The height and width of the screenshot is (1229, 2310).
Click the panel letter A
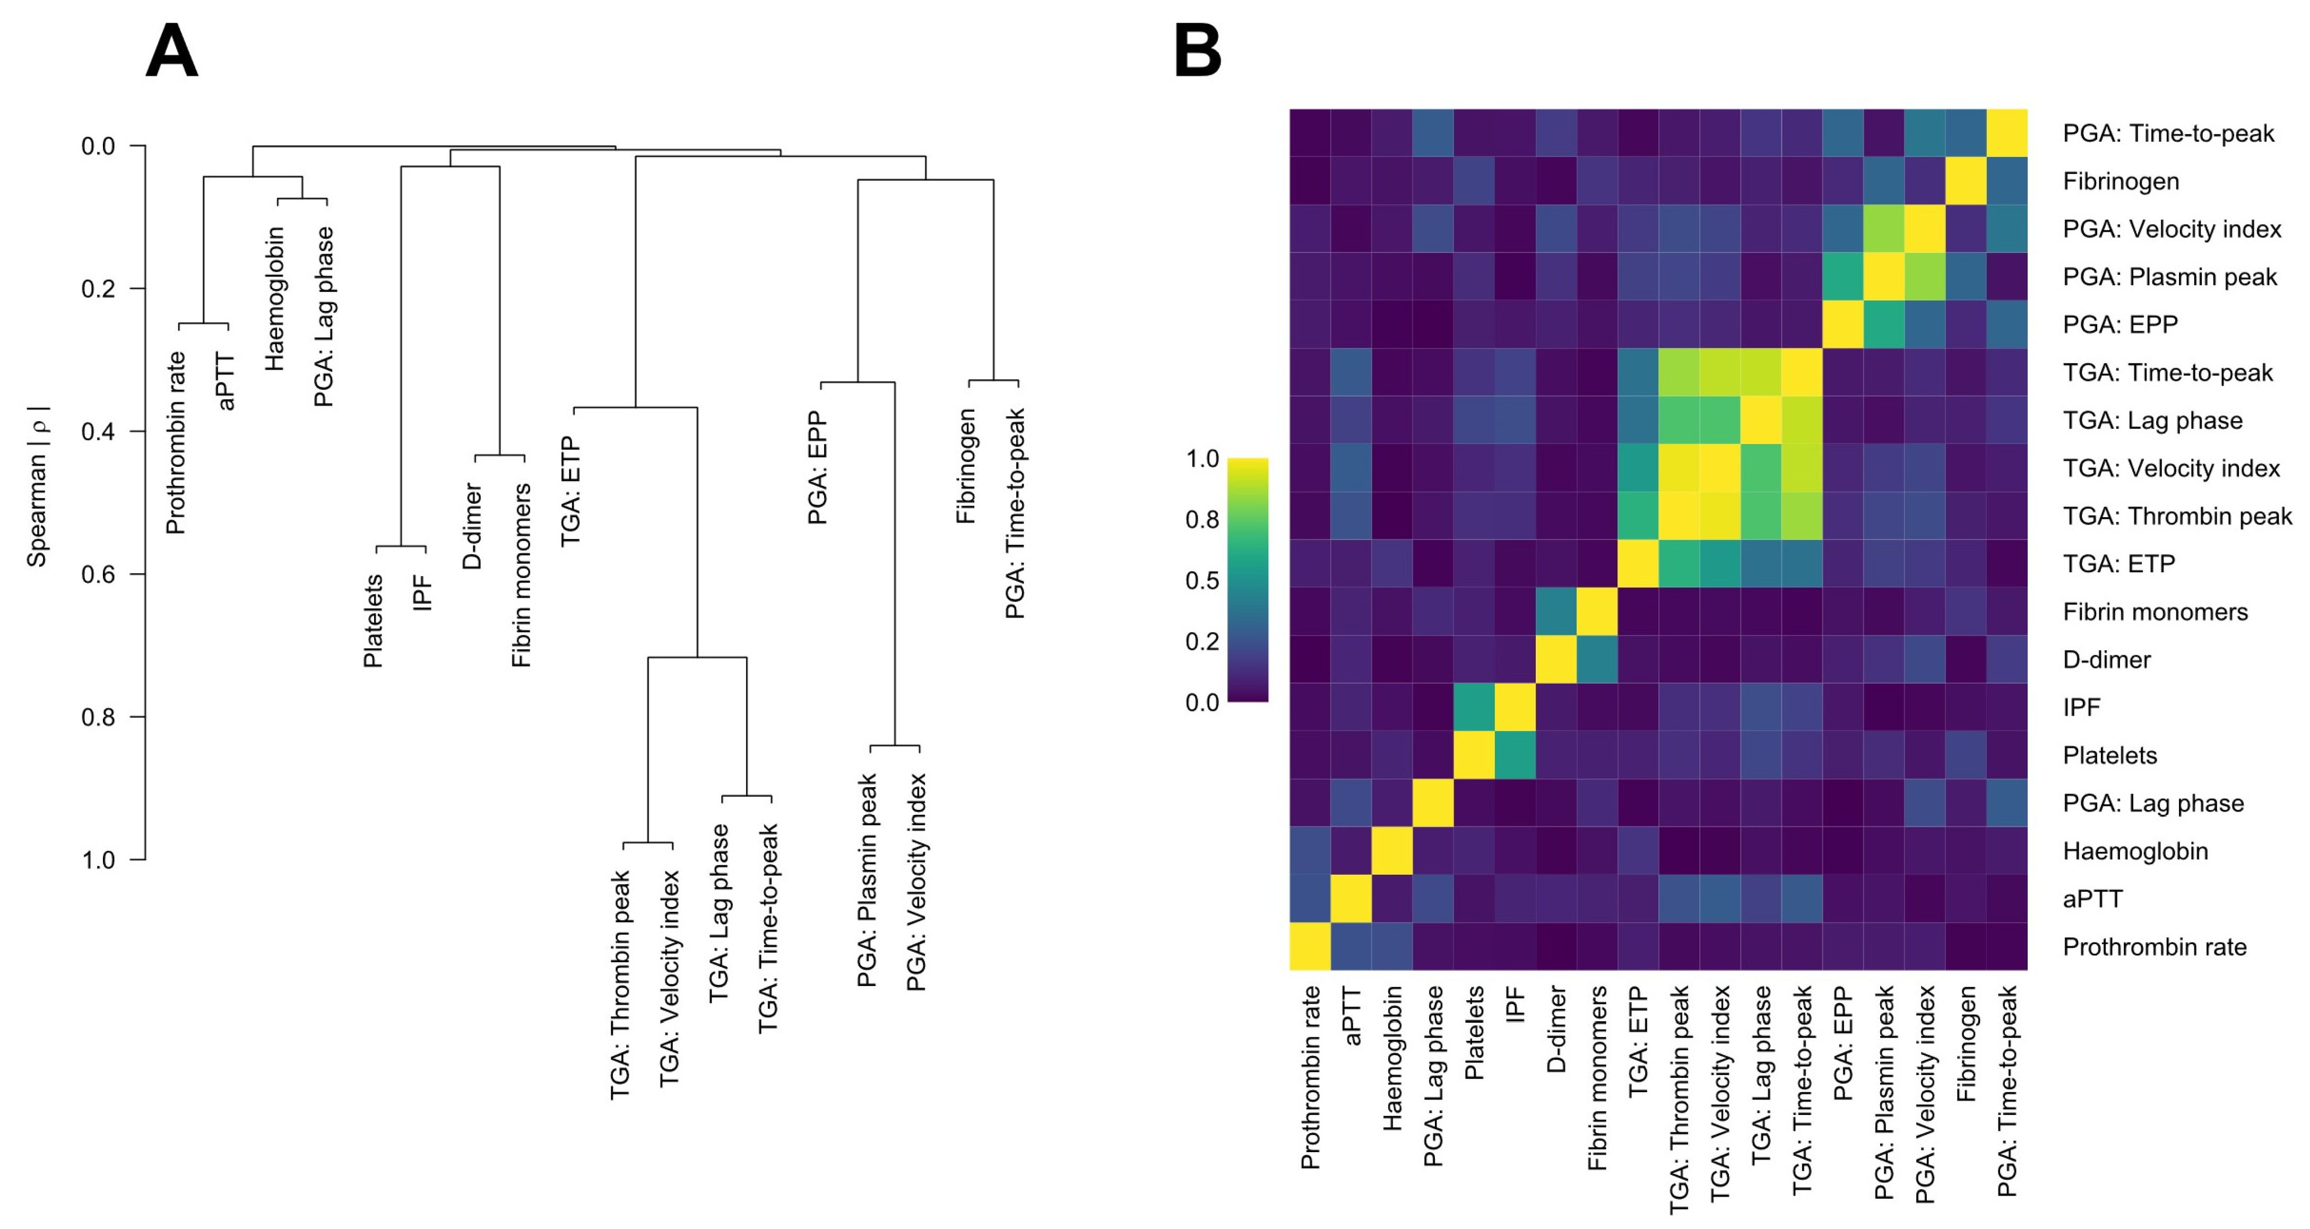[x=171, y=52]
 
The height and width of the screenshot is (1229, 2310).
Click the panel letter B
[x=1197, y=52]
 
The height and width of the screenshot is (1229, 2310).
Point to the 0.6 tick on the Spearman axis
[x=99, y=574]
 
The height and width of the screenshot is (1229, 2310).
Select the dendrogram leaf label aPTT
[x=226, y=381]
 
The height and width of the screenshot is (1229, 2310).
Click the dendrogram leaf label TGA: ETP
[x=571, y=491]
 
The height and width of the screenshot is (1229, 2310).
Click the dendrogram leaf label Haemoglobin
[x=274, y=299]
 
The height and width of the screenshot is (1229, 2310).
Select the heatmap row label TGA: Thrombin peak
[x=2176, y=516]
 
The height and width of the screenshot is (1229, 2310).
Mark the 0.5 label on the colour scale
[x=1201, y=581]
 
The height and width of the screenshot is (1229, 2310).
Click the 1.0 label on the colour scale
[x=1201, y=459]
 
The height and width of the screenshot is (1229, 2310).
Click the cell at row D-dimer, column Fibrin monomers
[x=1597, y=660]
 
